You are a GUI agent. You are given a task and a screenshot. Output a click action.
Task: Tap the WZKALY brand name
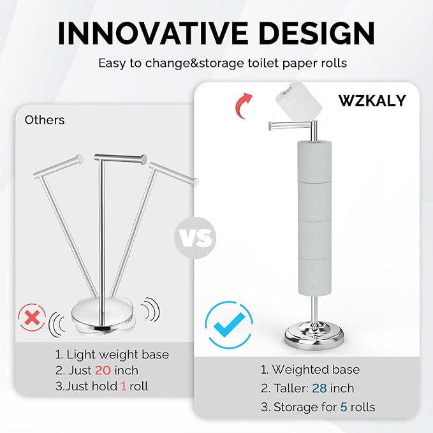tap(372, 100)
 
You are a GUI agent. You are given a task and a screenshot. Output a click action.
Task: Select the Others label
tap(45, 120)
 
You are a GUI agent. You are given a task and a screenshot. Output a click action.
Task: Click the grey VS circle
tap(196, 239)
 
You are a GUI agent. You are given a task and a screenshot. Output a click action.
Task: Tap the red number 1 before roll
tap(123, 386)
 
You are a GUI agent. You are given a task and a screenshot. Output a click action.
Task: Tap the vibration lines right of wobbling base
tap(149, 309)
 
